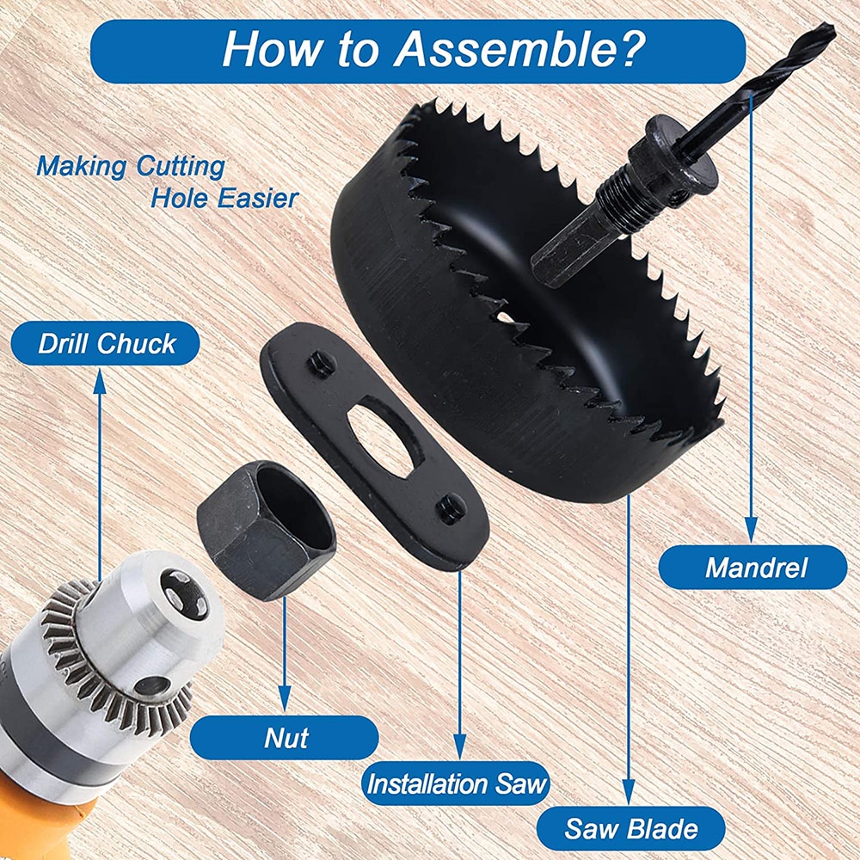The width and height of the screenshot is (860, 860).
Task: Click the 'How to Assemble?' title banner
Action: click(418, 52)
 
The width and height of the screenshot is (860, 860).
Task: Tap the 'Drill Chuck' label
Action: click(105, 344)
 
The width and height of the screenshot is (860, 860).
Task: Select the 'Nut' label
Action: click(285, 738)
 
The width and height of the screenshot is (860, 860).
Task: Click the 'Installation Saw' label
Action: click(457, 783)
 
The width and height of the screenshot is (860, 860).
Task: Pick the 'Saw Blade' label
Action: click(630, 828)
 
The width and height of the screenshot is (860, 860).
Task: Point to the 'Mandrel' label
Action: click(753, 568)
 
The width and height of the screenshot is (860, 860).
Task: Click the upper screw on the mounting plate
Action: click(322, 363)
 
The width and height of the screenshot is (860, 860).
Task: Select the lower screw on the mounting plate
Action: click(452, 508)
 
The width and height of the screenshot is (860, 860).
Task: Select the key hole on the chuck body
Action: click(152, 687)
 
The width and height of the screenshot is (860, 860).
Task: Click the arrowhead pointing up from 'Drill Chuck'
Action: click(99, 381)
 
